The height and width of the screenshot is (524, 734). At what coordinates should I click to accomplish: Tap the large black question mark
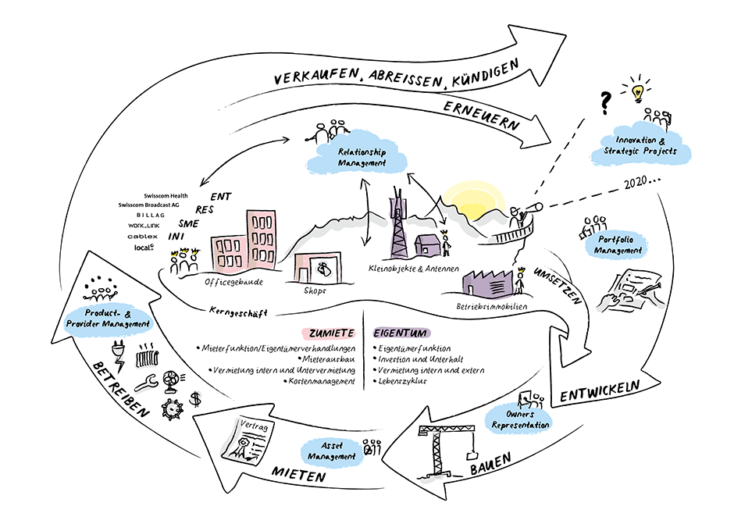coord(604,102)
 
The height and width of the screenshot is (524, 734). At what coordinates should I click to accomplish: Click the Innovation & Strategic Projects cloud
coord(643,145)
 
